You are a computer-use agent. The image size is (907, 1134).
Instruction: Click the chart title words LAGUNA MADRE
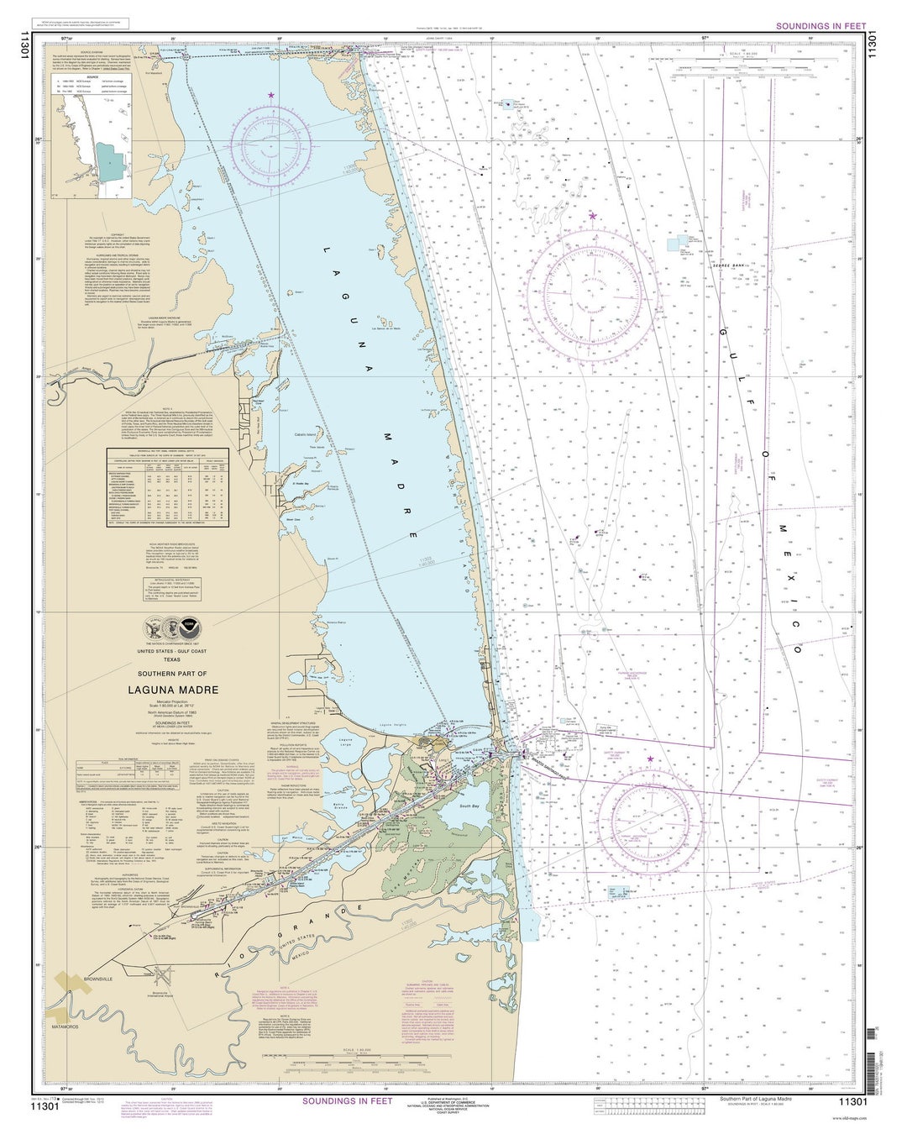[173, 690]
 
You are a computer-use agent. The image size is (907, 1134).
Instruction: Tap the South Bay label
[469, 806]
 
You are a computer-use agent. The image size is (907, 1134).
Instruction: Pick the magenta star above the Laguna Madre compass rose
[270, 96]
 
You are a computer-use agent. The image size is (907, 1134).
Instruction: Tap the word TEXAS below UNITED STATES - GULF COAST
[171, 659]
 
